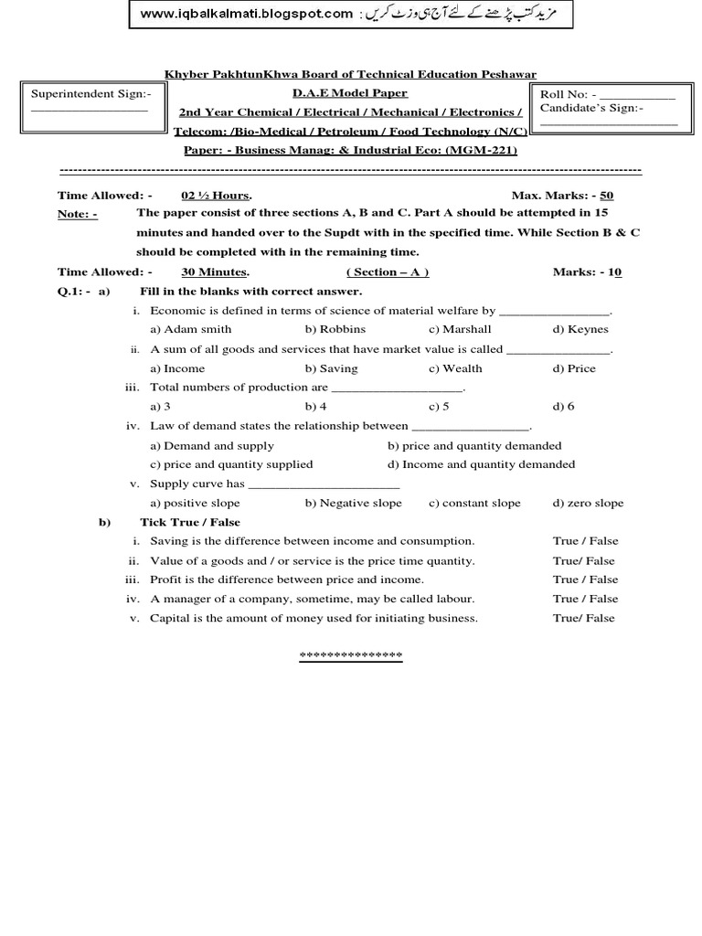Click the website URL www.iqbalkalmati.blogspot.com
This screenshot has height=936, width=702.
click(x=247, y=14)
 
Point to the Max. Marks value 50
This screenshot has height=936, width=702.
click(x=607, y=196)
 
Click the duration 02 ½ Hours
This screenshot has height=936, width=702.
click(x=217, y=196)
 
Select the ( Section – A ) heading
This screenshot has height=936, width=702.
click(x=388, y=272)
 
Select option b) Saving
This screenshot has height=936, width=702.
click(x=332, y=368)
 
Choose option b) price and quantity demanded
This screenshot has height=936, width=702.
click(x=474, y=446)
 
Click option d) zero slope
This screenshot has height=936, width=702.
click(x=588, y=503)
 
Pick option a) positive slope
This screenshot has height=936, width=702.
click(x=195, y=503)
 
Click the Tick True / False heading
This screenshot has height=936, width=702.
click(x=190, y=522)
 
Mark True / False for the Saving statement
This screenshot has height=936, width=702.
click(x=585, y=541)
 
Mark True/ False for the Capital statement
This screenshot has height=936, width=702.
click(x=583, y=618)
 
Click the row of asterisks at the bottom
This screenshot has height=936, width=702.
click(x=351, y=656)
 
